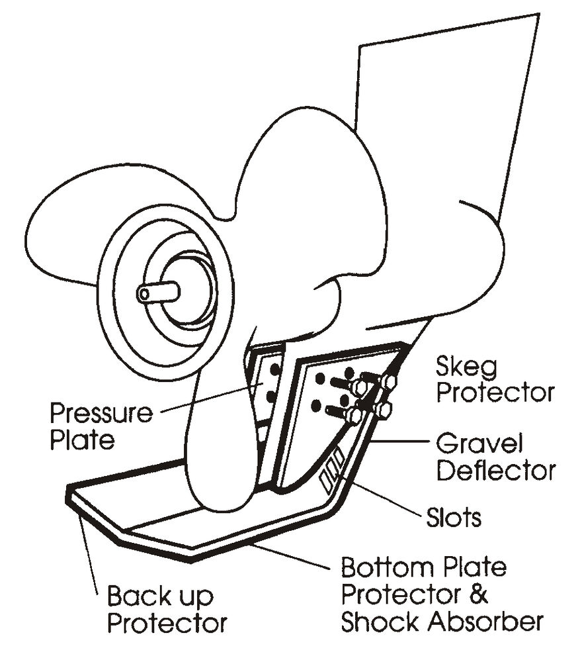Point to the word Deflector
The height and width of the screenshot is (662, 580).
click(x=496, y=471)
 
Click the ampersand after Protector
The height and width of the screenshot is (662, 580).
click(x=479, y=594)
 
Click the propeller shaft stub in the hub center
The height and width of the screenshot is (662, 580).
click(x=158, y=292)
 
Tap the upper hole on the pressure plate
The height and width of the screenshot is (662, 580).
click(x=274, y=365)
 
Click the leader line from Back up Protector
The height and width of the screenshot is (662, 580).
click(x=93, y=553)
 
